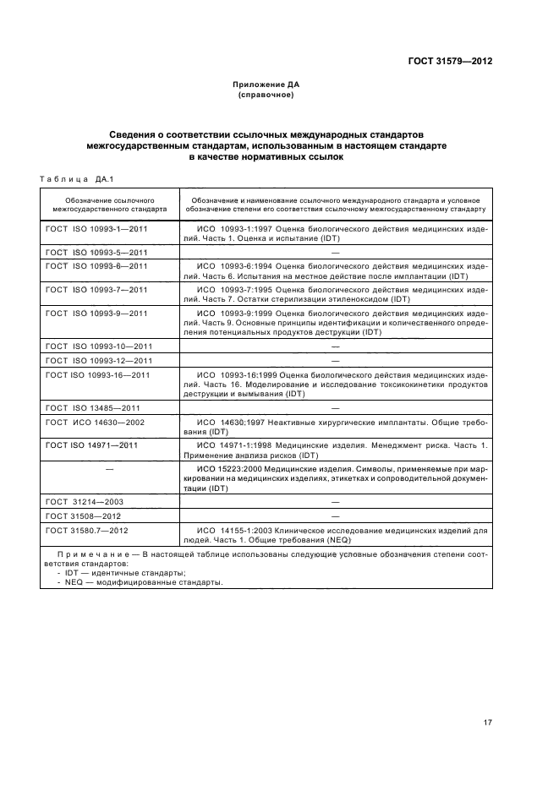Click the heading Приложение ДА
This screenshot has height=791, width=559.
point(266,85)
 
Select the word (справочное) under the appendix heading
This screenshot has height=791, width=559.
point(266,95)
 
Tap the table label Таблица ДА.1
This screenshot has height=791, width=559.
point(77,177)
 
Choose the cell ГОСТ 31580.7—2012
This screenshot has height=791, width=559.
point(87,530)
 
